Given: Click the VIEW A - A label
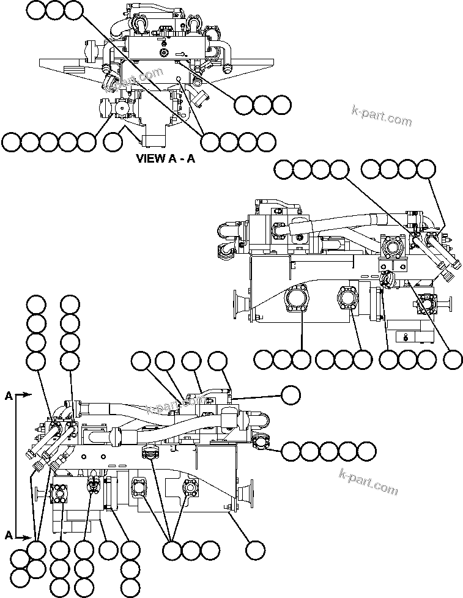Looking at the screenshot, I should coord(165,159).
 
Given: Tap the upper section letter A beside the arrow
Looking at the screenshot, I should coord(9,396).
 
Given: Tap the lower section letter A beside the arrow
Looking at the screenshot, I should coord(9,535).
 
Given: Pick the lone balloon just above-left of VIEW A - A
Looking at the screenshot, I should coord(113,142).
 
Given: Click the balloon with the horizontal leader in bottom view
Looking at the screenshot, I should coord(291,395).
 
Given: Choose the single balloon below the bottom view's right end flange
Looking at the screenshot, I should coord(254,550).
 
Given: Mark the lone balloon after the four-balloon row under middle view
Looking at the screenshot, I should coord(453,360).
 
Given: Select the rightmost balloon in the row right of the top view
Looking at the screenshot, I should coord(281,105).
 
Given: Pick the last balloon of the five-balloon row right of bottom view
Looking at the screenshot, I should coord(366,452).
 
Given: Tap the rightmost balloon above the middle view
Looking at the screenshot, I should coord(426,169).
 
